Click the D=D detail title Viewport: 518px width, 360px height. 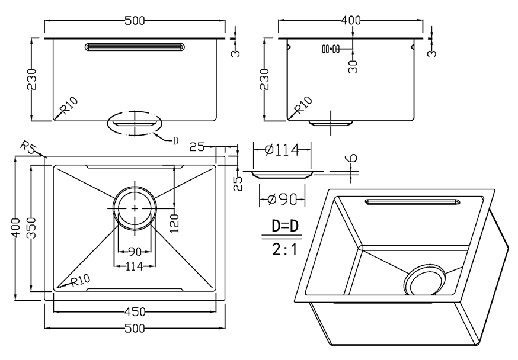(284, 226)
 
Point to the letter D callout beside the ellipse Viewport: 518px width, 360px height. (175, 141)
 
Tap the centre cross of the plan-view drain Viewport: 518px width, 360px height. (135, 208)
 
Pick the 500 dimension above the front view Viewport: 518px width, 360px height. (135, 21)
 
